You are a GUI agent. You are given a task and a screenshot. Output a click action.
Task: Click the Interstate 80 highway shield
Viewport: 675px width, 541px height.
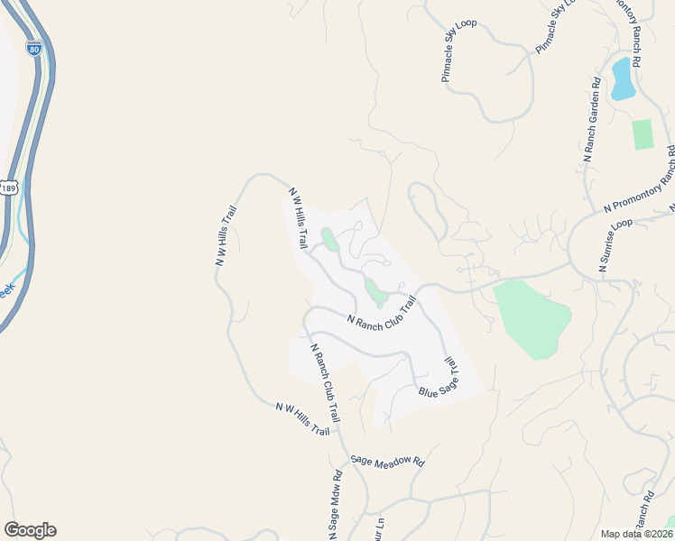[x=33, y=47]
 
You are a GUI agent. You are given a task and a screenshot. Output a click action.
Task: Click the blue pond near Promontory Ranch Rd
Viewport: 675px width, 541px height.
[x=623, y=78]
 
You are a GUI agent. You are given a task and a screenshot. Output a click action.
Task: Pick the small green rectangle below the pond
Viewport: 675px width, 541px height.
[x=642, y=134]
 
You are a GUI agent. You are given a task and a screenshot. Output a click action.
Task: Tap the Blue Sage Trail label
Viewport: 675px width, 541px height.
[x=440, y=379]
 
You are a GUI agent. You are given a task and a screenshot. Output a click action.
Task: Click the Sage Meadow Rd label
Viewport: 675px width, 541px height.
[x=387, y=460]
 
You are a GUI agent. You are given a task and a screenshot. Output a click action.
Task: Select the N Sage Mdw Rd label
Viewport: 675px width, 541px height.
[x=335, y=505]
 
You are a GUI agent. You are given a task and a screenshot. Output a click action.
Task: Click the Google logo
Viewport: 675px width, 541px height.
[x=30, y=530]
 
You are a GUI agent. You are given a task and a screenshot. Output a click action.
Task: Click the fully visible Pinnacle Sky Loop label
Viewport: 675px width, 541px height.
[x=458, y=50]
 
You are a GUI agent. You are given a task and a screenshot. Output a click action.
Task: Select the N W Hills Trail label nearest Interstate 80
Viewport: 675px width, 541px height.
[x=226, y=235]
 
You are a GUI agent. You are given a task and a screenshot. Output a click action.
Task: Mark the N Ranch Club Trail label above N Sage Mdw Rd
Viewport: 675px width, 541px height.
[x=324, y=383]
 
